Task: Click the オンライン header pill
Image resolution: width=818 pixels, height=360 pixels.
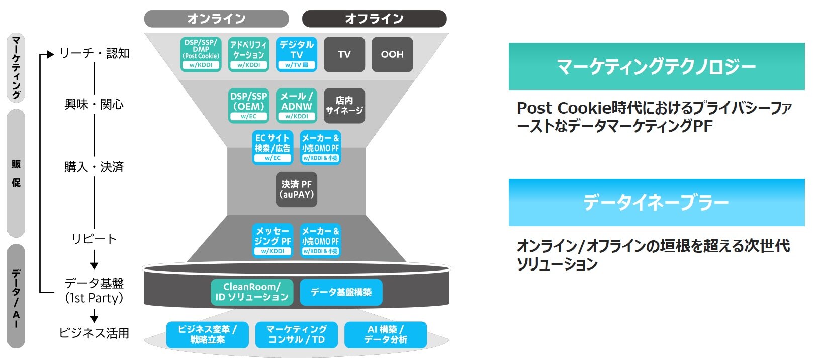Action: (x=216, y=19)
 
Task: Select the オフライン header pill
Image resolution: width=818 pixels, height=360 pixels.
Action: (x=374, y=19)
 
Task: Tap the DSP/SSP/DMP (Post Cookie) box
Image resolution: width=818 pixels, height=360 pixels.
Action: (x=201, y=54)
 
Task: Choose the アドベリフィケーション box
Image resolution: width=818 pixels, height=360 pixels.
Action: (x=248, y=54)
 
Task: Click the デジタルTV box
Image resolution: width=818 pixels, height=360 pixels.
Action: (x=297, y=54)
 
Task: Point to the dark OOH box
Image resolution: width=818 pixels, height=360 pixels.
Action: (x=392, y=54)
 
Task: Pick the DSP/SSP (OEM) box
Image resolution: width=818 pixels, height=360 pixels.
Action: (x=248, y=106)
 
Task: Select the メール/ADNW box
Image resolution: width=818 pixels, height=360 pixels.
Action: (x=297, y=106)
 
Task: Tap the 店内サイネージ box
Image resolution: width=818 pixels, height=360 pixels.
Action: (x=344, y=106)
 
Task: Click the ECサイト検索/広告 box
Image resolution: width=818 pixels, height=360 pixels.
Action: (x=272, y=147)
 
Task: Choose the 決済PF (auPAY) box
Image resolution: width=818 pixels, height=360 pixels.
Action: (x=297, y=189)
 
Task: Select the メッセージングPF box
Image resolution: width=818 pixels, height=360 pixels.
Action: (x=272, y=240)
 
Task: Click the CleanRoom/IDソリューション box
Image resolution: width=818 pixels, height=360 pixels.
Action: (x=252, y=292)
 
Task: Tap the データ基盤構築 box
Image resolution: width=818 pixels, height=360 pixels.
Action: (x=341, y=292)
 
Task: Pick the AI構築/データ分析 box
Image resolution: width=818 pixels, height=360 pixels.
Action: (x=386, y=334)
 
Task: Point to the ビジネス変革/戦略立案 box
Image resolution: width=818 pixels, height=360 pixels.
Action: (x=207, y=334)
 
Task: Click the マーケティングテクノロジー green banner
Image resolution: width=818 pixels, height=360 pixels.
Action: (x=657, y=66)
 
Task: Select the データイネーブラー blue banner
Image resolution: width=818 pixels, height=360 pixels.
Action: (x=657, y=203)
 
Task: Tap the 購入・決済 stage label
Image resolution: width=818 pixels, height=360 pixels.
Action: (x=94, y=167)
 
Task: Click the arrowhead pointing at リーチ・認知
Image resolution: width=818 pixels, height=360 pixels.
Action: (x=50, y=54)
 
